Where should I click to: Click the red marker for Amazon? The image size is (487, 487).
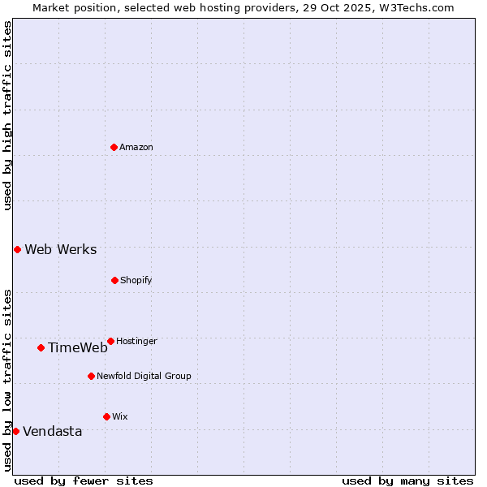pos(114,147)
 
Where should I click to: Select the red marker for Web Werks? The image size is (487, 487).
pos(17,249)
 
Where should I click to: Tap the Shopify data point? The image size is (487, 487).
pos(114,280)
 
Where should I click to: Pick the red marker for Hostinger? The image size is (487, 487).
pos(110,341)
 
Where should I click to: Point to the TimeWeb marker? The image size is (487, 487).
pos(41,347)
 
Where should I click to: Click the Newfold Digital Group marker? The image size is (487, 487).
pos(91,376)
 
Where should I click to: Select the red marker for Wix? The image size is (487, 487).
pos(106,416)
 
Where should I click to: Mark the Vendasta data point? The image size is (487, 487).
pos(15,431)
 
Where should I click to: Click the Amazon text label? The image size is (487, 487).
pos(136,147)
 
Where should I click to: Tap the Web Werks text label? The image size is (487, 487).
pos(61,249)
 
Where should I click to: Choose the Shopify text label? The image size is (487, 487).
pos(136,280)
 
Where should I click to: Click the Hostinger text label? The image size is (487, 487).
pos(136,341)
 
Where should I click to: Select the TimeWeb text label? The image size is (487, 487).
pos(78,347)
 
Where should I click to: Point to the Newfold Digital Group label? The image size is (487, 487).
pos(144,376)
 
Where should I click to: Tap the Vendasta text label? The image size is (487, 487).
pos(53,431)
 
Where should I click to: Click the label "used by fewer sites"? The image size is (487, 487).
pos(84,481)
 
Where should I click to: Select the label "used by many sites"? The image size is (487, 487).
pos(407,481)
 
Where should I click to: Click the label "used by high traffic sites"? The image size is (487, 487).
pos(7,115)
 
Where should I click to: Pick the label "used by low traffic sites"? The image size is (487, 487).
pos(7,379)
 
